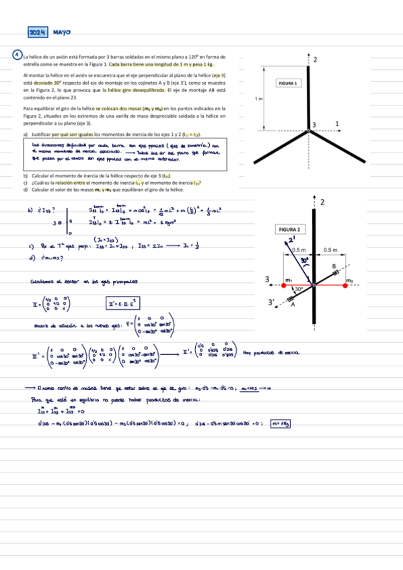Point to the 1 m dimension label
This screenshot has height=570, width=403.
click(258, 99)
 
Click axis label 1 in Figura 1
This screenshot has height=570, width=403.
click(337, 123)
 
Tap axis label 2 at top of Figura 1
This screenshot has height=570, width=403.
click(316, 60)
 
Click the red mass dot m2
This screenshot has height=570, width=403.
click(344, 285)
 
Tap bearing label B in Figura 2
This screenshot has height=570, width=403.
click(334, 267)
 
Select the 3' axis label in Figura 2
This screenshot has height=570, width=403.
click(271, 302)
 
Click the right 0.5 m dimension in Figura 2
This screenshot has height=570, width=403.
click(330, 250)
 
